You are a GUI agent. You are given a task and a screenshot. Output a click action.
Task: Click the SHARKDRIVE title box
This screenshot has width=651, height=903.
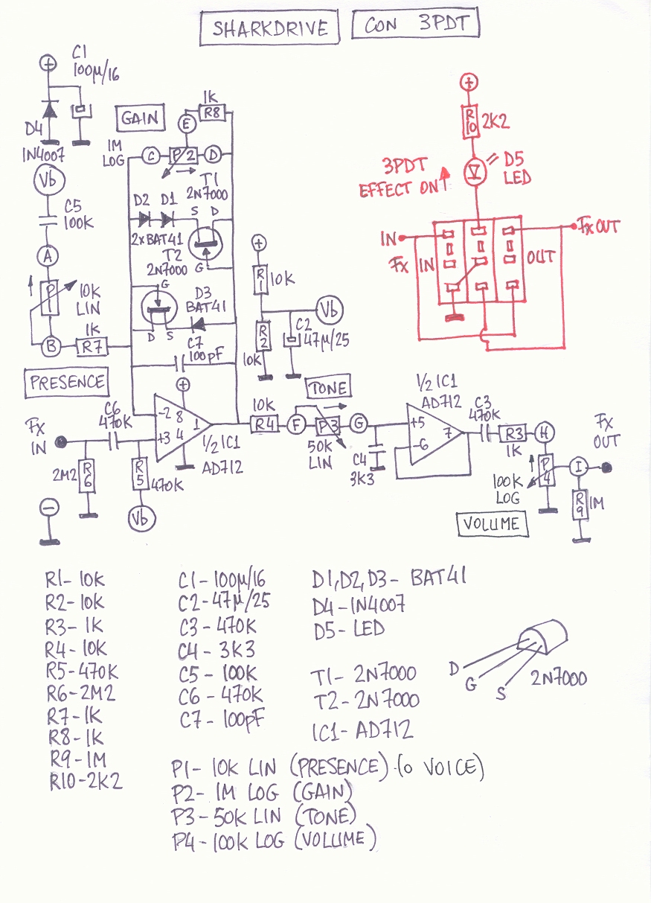(x=269, y=28)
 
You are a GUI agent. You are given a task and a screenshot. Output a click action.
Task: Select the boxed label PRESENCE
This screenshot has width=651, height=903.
(x=66, y=382)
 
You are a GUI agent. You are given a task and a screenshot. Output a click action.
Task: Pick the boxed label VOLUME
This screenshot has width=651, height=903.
(x=491, y=523)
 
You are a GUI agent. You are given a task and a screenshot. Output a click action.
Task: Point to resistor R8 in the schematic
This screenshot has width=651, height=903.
(x=213, y=113)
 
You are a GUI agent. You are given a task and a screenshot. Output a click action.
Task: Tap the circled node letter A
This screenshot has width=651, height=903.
(x=48, y=256)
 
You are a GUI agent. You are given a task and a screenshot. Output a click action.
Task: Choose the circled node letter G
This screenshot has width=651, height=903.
(x=359, y=424)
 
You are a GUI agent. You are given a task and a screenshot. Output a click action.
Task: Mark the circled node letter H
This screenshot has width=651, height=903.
(x=545, y=433)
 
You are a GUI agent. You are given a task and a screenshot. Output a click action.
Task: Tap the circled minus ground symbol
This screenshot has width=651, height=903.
(x=49, y=507)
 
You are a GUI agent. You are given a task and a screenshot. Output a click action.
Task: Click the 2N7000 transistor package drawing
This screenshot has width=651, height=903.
(x=539, y=641)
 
